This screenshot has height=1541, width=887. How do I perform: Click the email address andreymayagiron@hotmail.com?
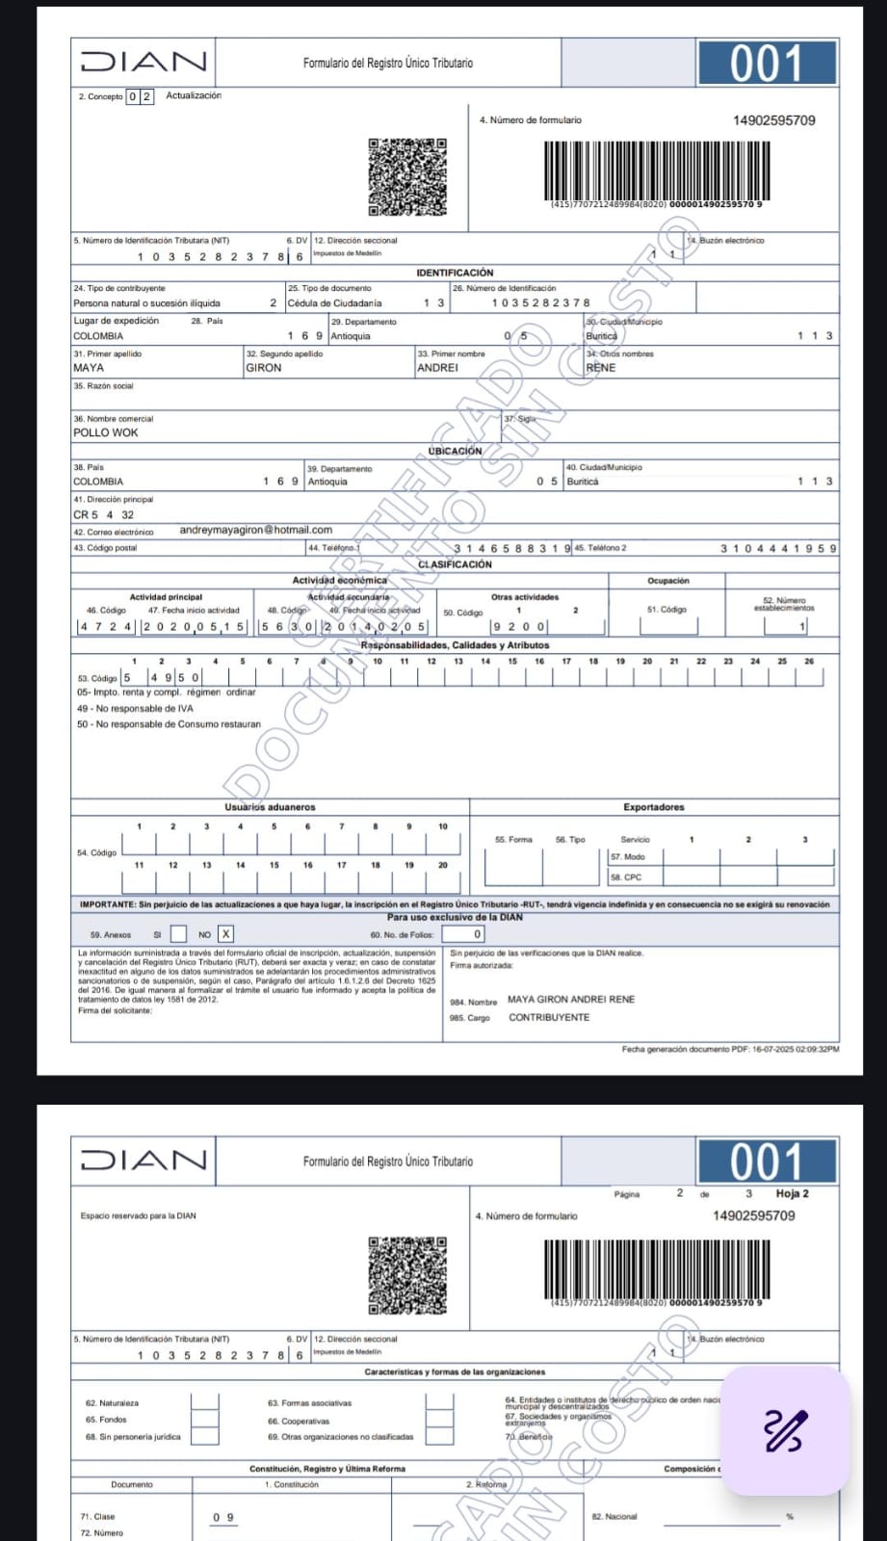pyautogui.click(x=255, y=530)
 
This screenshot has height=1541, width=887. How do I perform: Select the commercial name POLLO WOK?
pyautogui.click(x=106, y=432)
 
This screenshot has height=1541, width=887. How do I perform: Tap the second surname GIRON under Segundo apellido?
pyautogui.click(x=264, y=368)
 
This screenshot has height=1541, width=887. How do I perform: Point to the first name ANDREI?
pyautogui.click(x=437, y=368)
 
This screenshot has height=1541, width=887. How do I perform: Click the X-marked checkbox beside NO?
pyautogui.click(x=225, y=933)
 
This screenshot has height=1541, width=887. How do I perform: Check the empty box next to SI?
pyautogui.click(x=178, y=933)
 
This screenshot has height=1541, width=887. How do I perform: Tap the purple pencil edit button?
pyautogui.click(x=785, y=1430)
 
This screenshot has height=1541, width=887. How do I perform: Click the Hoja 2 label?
pyautogui.click(x=792, y=1193)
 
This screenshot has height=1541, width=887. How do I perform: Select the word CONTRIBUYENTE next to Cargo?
pyautogui.click(x=549, y=1017)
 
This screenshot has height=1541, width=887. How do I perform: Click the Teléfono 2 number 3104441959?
pyautogui.click(x=778, y=548)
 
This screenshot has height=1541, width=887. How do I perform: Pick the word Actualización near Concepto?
pyautogui.click(x=194, y=95)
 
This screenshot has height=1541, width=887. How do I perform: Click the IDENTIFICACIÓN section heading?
pyautogui.click(x=455, y=274)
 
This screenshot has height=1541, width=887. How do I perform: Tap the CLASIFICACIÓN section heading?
pyautogui.click(x=455, y=564)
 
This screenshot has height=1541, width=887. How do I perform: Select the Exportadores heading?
pyautogui.click(x=653, y=807)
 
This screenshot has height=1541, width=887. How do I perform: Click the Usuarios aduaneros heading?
pyautogui.click(x=270, y=807)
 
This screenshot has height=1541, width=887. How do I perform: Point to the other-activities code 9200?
pyautogui.click(x=519, y=627)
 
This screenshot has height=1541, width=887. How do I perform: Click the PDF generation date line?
pyautogui.click(x=730, y=1049)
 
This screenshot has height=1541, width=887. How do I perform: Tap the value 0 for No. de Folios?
pyautogui.click(x=477, y=934)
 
